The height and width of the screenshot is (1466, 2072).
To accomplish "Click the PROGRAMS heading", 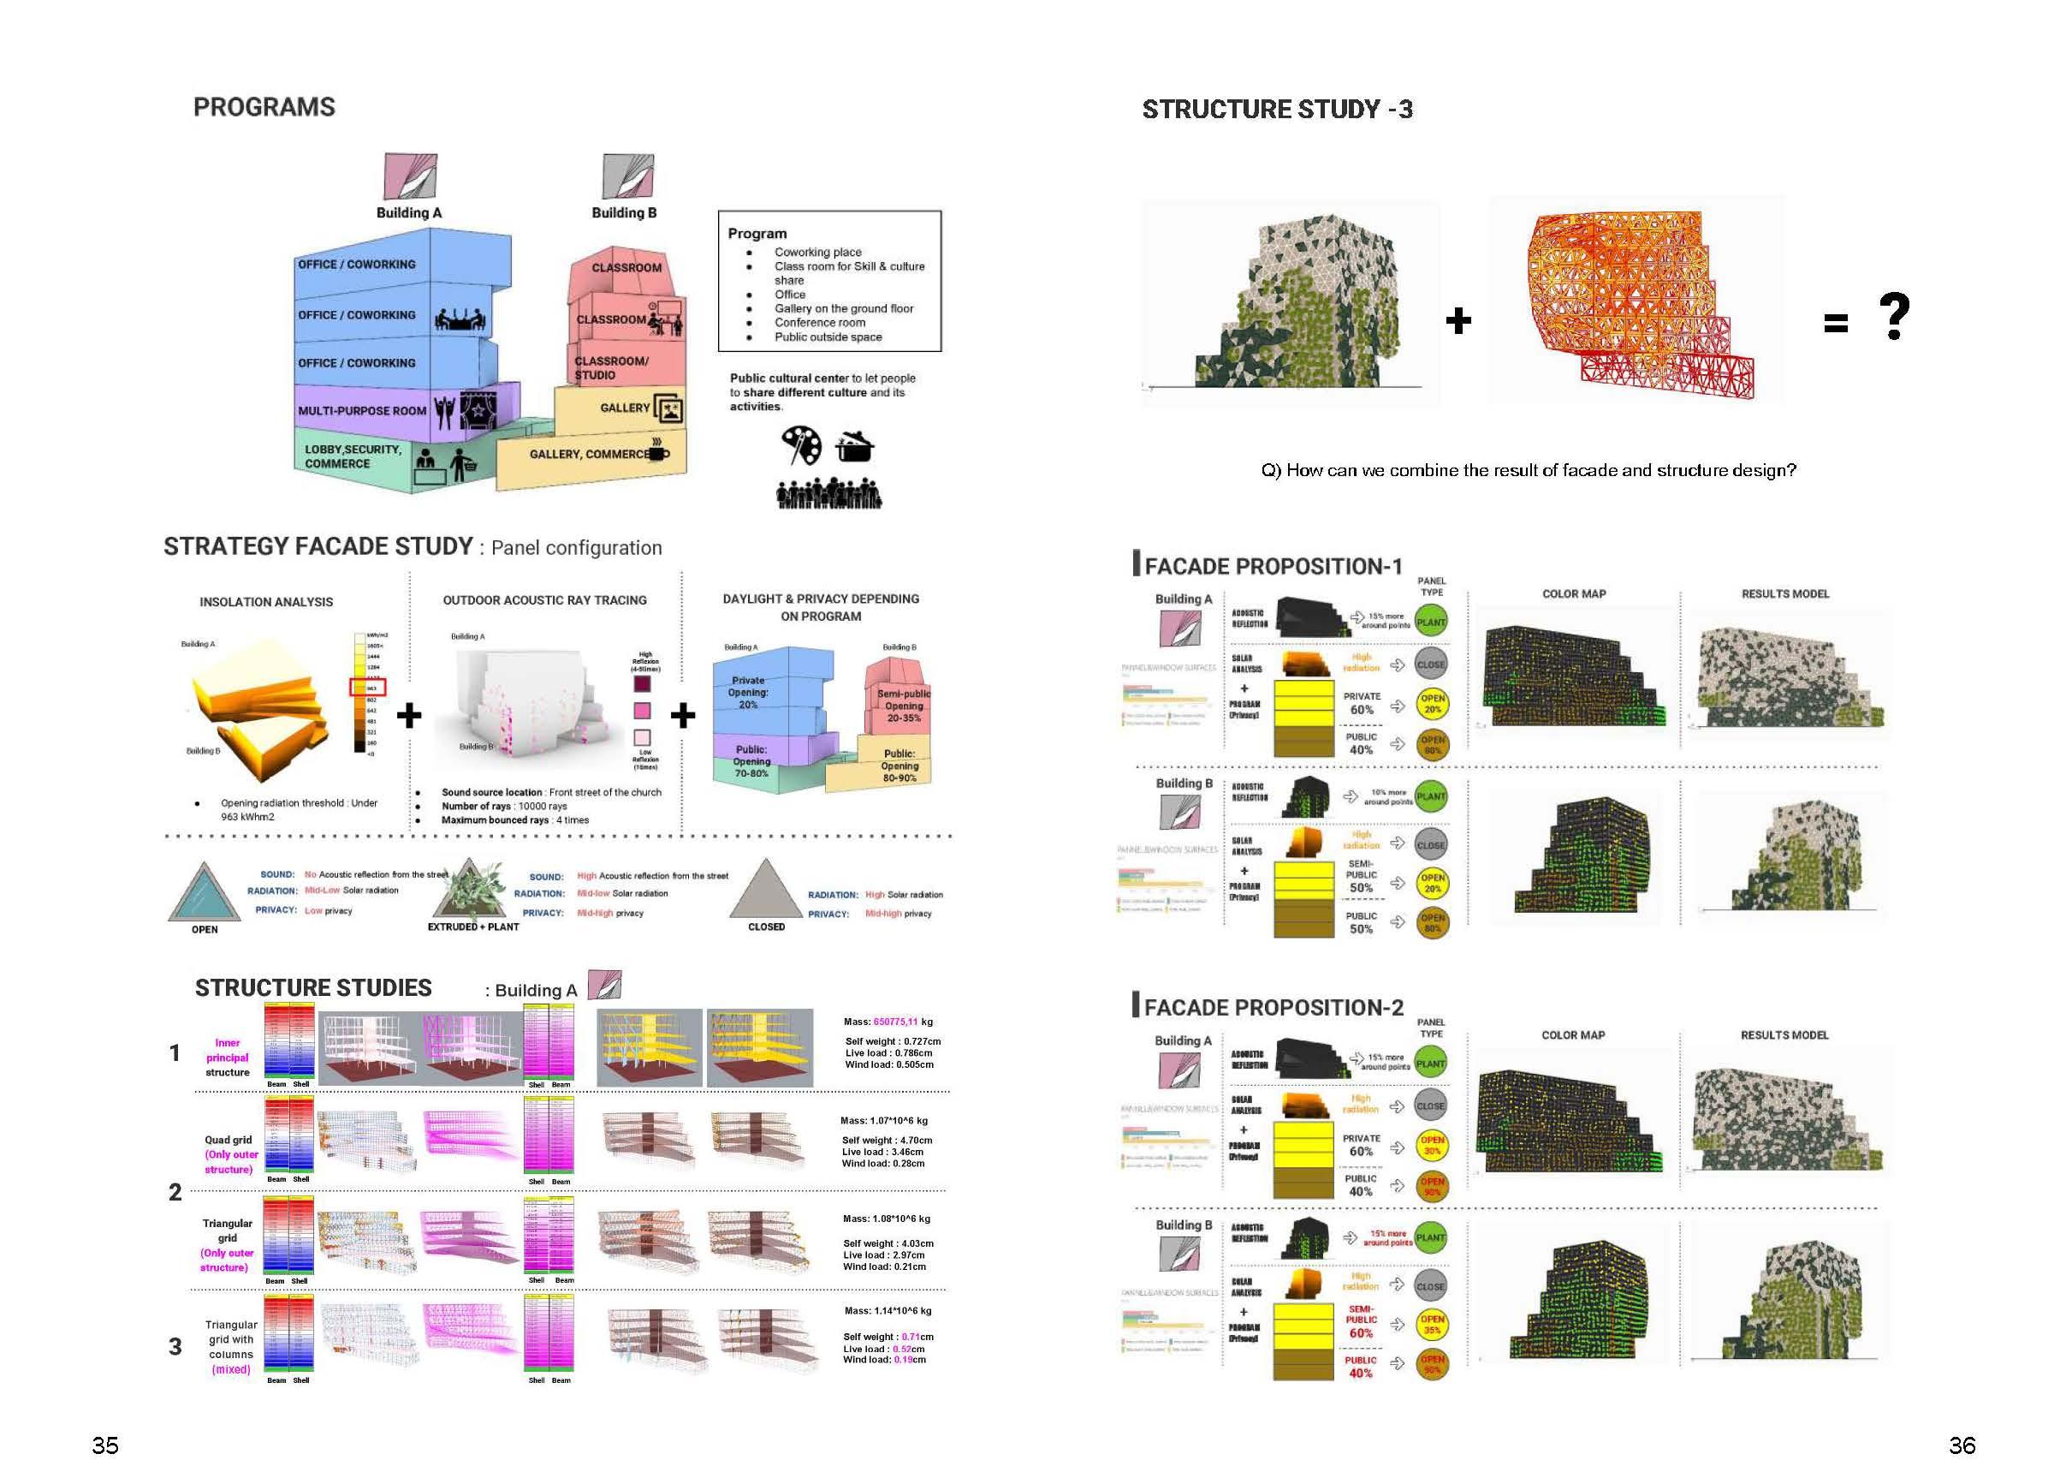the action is [264, 107].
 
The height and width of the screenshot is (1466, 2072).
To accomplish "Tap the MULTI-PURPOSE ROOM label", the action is [362, 411].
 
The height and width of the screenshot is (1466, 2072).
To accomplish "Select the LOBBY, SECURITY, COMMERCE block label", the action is [352, 456].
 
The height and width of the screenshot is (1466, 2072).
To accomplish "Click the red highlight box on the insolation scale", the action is [368, 687].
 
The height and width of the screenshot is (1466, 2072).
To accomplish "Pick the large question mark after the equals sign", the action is [1893, 316].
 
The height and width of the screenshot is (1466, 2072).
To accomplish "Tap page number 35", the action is [104, 1445].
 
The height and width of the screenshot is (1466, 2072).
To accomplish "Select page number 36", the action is [1962, 1445].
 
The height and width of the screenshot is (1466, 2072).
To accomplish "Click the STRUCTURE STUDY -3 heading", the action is [1277, 110].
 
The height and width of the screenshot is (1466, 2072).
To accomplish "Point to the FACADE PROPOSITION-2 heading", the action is [1273, 1007].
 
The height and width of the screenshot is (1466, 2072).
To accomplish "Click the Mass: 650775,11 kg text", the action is [888, 1022].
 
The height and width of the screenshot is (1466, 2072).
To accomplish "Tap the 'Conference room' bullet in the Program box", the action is [819, 322].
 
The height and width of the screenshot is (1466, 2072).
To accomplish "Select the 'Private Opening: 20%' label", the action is [748, 693].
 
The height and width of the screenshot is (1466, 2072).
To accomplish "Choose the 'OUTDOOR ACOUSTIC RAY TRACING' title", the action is [544, 600].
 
